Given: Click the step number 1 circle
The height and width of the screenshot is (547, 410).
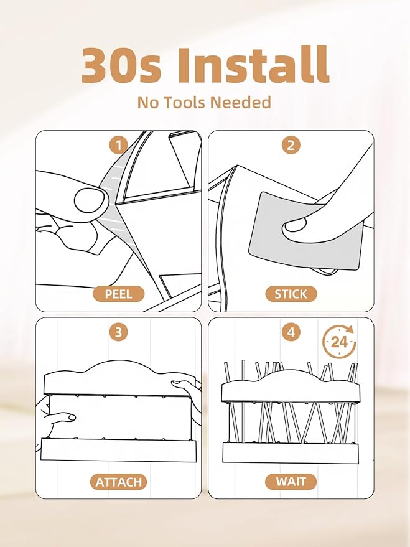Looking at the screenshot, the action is tap(119, 145).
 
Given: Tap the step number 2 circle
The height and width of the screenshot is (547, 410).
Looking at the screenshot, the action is tap(291, 145).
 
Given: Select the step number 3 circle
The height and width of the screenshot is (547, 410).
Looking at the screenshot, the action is tap(119, 332).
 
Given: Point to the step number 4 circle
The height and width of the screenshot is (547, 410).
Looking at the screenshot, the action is tap(291, 332).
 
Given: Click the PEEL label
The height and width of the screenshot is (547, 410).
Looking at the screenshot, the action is tap(119, 294).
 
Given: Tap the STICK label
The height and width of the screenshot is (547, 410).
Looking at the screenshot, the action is tap(291, 294).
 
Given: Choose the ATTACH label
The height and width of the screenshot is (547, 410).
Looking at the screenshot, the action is tap(119, 482).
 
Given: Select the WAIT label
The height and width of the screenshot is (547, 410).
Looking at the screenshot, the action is tap(291, 482).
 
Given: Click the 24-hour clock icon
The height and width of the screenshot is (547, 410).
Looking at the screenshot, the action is tap(339, 342).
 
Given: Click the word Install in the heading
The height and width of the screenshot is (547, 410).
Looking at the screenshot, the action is tap(253, 65).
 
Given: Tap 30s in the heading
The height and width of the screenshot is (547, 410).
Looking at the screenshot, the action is tap(121, 65).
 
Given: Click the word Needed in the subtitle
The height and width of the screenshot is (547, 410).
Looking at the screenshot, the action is tap(241, 103).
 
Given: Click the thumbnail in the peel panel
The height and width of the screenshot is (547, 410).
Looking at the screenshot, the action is tap(90, 200).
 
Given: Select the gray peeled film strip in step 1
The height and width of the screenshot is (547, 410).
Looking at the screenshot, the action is tap(115, 202).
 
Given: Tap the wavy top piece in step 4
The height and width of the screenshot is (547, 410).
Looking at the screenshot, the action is tap(291, 386).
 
